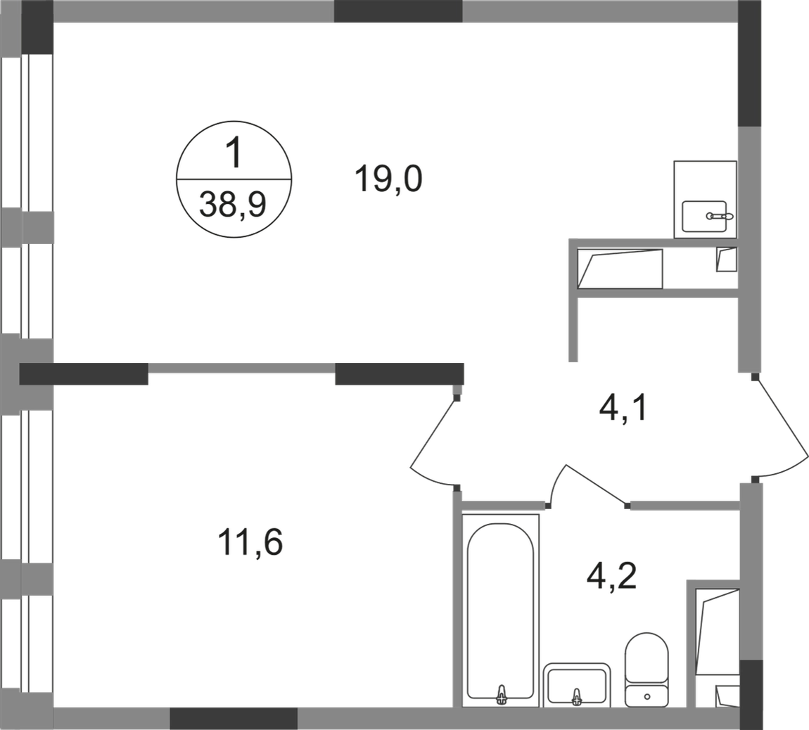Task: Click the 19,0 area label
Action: pyautogui.click(x=388, y=179)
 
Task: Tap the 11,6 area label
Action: pyautogui.click(x=250, y=543)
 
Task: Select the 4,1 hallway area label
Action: pyautogui.click(x=623, y=409)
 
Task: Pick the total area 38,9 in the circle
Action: pyautogui.click(x=233, y=204)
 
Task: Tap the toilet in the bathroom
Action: pyautogui.click(x=646, y=670)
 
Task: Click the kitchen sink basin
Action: pyautogui.click(x=704, y=216)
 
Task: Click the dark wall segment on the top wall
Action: pyautogui.click(x=397, y=11)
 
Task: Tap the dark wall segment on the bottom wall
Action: pyautogui.click(x=234, y=719)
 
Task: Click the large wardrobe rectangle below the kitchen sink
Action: pyautogui.click(x=620, y=269)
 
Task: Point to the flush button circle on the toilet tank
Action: pyautogui.click(x=647, y=696)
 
